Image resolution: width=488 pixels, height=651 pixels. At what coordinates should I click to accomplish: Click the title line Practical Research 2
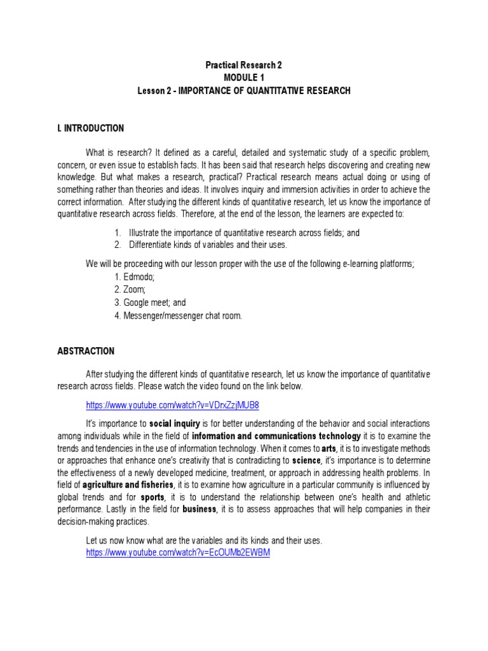pyautogui.click(x=243, y=65)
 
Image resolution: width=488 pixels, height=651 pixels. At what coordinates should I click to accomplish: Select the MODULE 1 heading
pyautogui.click(x=243, y=78)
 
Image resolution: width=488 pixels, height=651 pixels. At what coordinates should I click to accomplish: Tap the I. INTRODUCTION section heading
pyautogui.click(x=90, y=128)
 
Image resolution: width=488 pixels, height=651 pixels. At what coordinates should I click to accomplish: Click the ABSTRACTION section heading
pyautogui.click(x=86, y=351)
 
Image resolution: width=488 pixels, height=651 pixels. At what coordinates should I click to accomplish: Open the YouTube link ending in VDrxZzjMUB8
pyautogui.click(x=172, y=405)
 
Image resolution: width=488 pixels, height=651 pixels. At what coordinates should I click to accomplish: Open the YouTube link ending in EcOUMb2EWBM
pyautogui.click(x=178, y=552)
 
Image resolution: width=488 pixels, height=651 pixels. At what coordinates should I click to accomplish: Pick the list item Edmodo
pyautogui.click(x=135, y=277)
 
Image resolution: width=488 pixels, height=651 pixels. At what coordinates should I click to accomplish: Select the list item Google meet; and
pyautogui.click(x=151, y=303)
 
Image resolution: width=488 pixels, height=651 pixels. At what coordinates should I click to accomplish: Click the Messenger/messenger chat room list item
pyautogui.click(x=179, y=315)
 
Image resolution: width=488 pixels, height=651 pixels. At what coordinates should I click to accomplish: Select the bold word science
pyautogui.click(x=306, y=460)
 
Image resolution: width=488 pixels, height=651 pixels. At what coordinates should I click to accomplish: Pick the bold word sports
pyautogui.click(x=152, y=497)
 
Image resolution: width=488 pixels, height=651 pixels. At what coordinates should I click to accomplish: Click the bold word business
pyautogui.click(x=200, y=509)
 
